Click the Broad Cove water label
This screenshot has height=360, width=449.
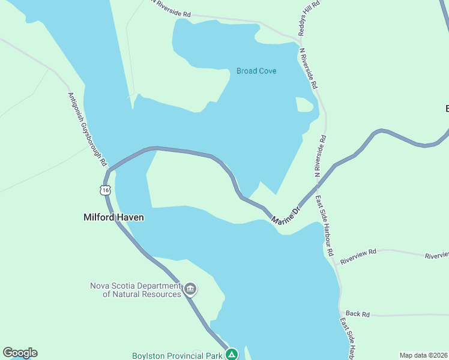coord(256,71)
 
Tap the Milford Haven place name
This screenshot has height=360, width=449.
coord(113,218)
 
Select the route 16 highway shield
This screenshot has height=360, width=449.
coord(106,190)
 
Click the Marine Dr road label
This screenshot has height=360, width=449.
coord(285,217)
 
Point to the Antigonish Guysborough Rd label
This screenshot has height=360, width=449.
coord(87,129)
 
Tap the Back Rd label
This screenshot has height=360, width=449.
coord(358,314)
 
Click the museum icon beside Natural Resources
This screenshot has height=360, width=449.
coord(191,289)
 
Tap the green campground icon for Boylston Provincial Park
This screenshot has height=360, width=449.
coord(232,355)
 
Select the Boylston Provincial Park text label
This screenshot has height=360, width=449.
coord(177,356)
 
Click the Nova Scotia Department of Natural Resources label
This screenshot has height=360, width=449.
coord(136,290)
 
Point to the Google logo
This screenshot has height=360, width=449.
coord(20,353)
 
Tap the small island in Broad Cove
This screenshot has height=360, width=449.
coord(304,105)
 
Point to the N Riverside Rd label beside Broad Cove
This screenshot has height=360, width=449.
coord(309,69)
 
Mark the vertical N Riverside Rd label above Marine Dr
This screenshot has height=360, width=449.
coord(320,155)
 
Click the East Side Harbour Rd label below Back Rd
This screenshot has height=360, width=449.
coord(349,338)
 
